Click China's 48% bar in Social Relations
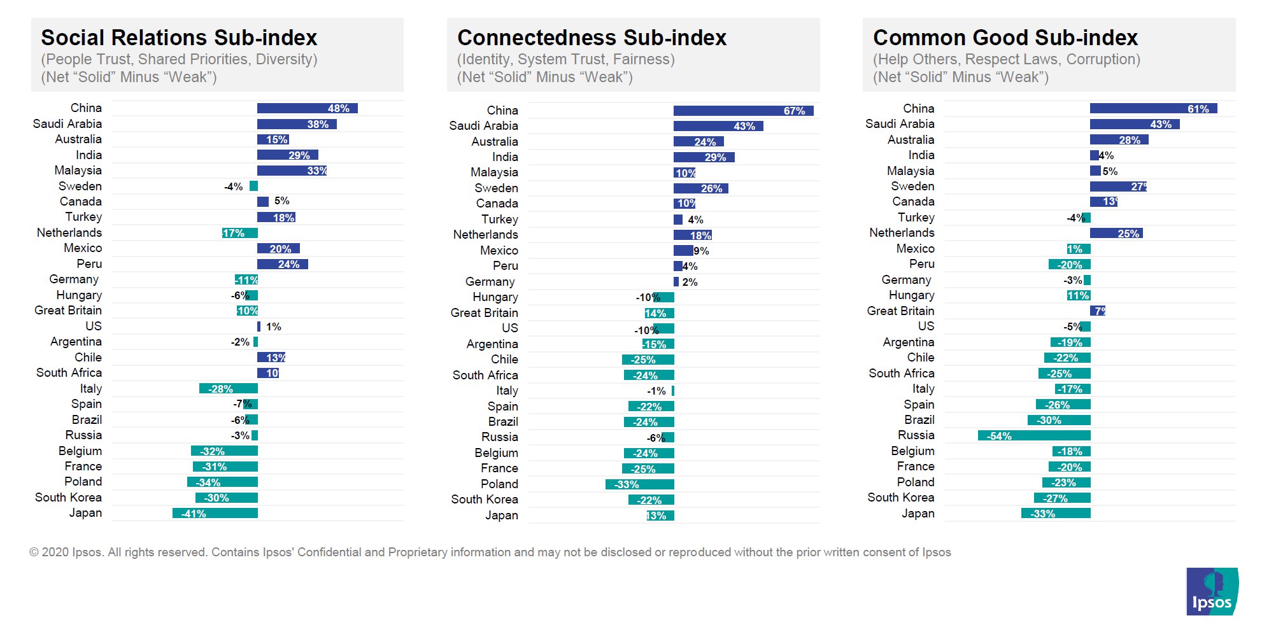pyautogui.click(x=307, y=108)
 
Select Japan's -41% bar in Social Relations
pyautogui.click(x=215, y=513)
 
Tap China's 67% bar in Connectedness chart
pyautogui.click(x=743, y=111)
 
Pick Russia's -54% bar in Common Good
pyautogui.click(x=1034, y=436)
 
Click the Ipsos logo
pyautogui.click(x=1212, y=591)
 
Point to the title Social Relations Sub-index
pyautogui.click(x=179, y=38)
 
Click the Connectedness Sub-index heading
pyautogui.click(x=592, y=38)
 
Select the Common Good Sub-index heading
pyautogui.click(x=1005, y=38)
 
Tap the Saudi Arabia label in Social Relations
pyautogui.click(x=67, y=123)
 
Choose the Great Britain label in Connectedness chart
pyautogui.click(x=484, y=312)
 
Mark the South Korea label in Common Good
pyautogui.click(x=900, y=497)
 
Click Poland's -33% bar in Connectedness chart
pyautogui.click(x=639, y=484)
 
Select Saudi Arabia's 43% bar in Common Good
pyautogui.click(x=1134, y=124)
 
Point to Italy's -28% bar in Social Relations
pyautogui.click(x=228, y=388)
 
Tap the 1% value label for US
pyautogui.click(x=274, y=327)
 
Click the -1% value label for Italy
pyautogui.click(x=656, y=391)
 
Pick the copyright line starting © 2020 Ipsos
pyautogui.click(x=490, y=552)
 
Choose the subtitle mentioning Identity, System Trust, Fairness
pyautogui.click(x=565, y=59)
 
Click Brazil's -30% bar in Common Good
pyautogui.click(x=1058, y=420)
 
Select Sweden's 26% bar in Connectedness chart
pyautogui.click(x=700, y=188)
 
